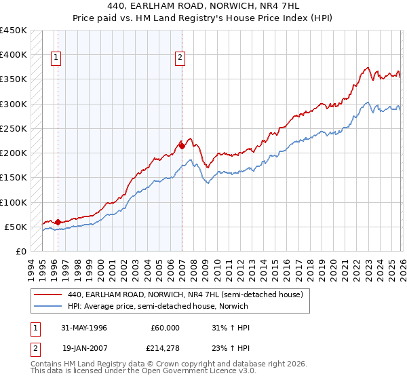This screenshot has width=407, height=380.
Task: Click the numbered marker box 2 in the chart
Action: (180, 58)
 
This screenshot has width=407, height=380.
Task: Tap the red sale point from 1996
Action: (58, 221)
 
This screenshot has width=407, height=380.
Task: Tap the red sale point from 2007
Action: (182, 145)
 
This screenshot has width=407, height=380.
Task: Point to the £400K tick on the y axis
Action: (14, 55)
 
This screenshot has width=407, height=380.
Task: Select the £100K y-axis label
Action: (14, 202)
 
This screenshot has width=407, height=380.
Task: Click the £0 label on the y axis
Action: (21, 251)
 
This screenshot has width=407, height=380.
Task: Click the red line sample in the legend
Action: (47, 294)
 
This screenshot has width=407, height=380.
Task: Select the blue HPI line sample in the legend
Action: (47, 307)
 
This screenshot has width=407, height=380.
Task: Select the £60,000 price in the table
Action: (165, 328)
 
